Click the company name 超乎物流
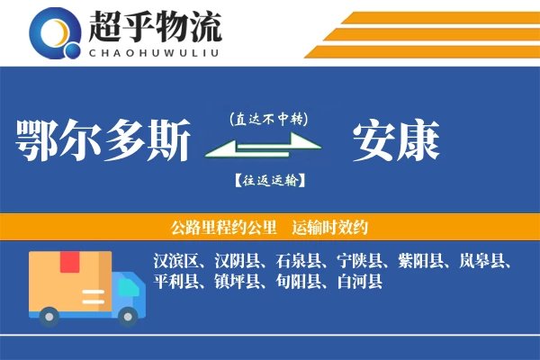(154, 26)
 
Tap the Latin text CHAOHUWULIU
(154, 50)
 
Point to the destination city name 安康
(395, 140)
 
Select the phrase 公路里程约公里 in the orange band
(220, 227)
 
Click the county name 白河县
(358, 283)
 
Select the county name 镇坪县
(239, 283)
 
